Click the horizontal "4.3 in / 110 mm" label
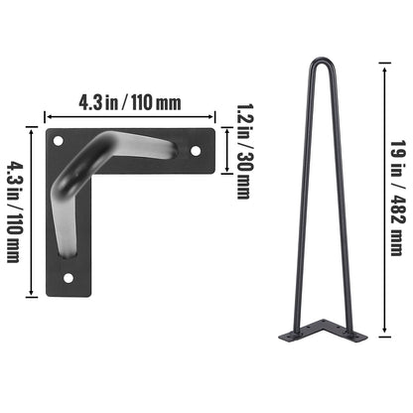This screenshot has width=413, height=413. [130, 100]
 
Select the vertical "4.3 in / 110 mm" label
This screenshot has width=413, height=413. [14, 211]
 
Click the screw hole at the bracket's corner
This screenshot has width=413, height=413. [57, 139]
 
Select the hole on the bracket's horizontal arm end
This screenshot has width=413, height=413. [196, 150]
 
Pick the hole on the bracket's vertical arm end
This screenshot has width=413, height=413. [68, 278]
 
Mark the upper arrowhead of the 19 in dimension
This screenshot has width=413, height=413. [382, 63]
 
